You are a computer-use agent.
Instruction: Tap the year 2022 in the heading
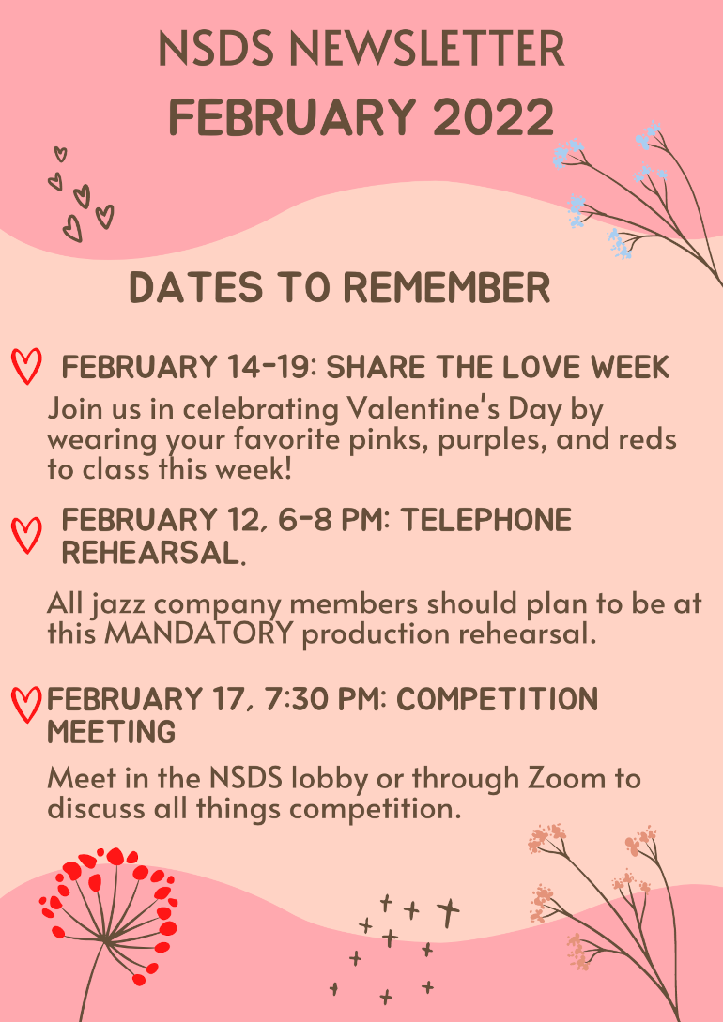(x=493, y=116)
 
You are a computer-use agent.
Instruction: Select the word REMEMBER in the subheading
(x=447, y=288)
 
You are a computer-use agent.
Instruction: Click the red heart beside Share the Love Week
(x=26, y=366)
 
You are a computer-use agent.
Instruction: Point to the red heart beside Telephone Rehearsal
(x=26, y=536)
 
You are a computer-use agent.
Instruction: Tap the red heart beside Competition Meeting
(x=26, y=705)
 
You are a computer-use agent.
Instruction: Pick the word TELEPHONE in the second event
(x=485, y=521)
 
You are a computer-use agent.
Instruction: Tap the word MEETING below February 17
(x=112, y=732)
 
